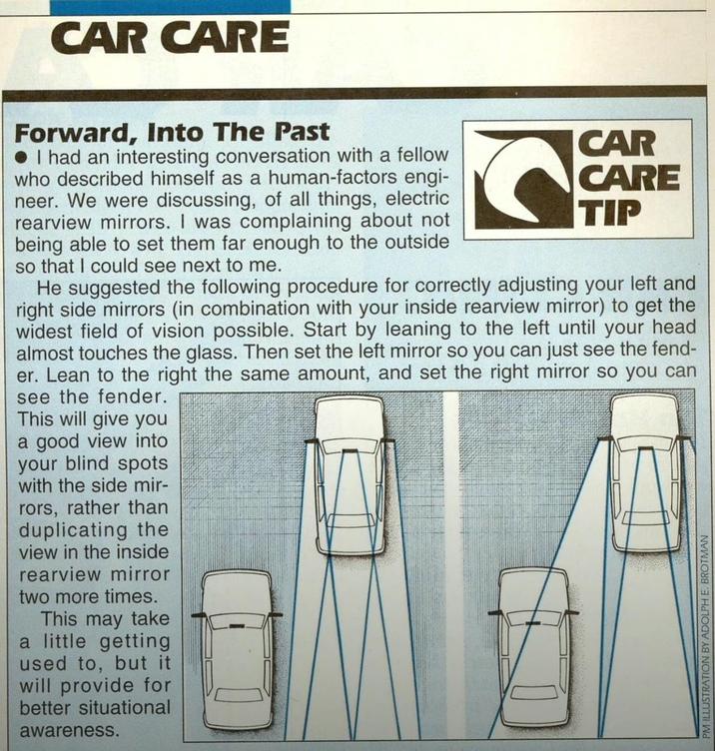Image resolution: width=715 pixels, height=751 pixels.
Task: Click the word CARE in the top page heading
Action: tap(225, 37)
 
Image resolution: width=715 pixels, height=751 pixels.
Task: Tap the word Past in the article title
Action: tap(303, 132)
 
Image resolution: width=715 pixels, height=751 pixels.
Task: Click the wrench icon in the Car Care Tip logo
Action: tap(523, 179)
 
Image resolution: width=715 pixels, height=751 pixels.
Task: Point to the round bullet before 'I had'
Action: tap(21, 157)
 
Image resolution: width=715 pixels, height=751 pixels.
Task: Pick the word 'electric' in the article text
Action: tap(417, 199)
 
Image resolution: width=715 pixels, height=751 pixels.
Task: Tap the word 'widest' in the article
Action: tap(44, 331)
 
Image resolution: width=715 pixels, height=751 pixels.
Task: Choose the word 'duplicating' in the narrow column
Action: tap(73, 530)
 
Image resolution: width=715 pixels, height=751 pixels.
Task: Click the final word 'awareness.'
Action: tap(69, 730)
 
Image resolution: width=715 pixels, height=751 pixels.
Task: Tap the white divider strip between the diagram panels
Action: tap(451, 565)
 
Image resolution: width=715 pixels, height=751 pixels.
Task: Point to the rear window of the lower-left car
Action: tap(238, 695)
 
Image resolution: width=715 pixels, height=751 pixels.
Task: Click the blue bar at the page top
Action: tap(170, 7)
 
